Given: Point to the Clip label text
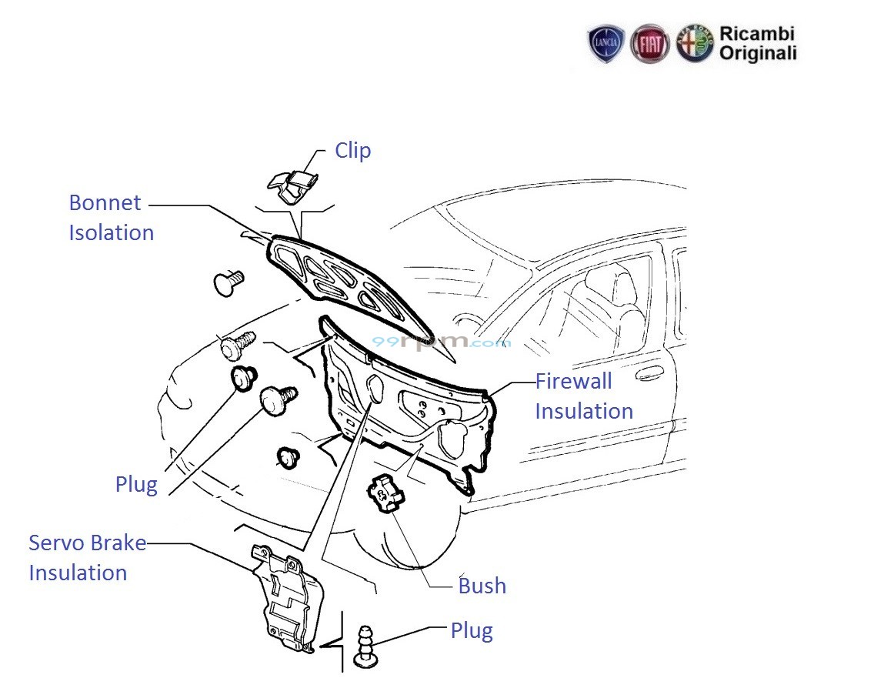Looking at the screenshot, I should [352, 150].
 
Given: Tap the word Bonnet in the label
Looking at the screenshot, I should [105, 203].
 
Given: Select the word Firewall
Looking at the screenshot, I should [573, 381].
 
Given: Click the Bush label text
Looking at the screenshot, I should [482, 586].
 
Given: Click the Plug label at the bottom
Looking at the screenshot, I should [471, 631].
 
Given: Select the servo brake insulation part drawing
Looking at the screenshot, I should [289, 600].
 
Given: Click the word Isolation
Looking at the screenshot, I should [111, 232].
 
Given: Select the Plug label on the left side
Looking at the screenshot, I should [135, 485].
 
